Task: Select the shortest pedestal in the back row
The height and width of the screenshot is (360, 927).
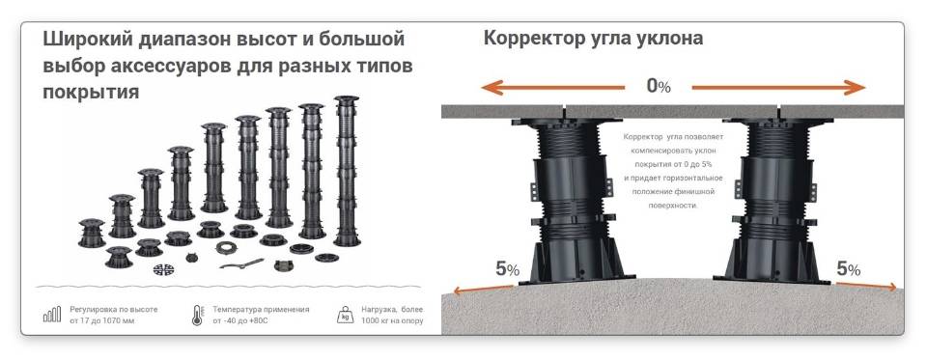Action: [92, 233]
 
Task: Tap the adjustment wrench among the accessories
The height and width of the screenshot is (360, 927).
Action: [241, 263]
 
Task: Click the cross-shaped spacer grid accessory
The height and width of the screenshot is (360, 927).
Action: [164, 269]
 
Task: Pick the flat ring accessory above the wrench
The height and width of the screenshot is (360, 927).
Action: [226, 247]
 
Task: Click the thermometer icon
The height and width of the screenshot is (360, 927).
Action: [197, 316]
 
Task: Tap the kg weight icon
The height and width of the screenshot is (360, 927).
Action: [346, 315]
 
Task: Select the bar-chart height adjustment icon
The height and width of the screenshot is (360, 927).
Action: [52, 315]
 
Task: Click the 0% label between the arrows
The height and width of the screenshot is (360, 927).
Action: [658, 86]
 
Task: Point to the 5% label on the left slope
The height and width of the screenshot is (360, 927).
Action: [507, 269]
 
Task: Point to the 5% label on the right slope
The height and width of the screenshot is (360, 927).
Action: [849, 269]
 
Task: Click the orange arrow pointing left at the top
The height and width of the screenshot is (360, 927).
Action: [552, 88]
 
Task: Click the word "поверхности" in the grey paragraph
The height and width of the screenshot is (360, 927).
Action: [672, 206]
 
